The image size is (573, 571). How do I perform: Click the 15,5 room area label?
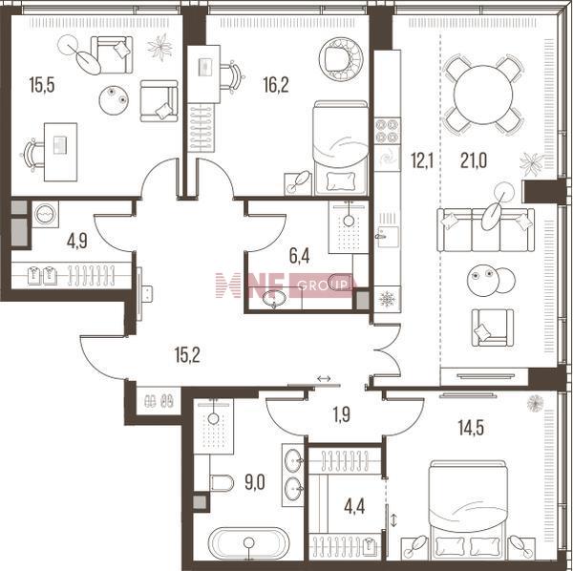click(x=42, y=85)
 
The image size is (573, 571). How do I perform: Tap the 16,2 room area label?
click(x=276, y=85)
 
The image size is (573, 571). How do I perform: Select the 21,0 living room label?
click(x=474, y=160)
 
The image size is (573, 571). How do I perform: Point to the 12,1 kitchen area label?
click(x=422, y=160)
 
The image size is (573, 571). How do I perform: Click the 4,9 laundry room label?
click(x=77, y=242)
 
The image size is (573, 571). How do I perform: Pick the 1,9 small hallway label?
click(x=342, y=414)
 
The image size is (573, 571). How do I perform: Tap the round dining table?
click(x=482, y=95)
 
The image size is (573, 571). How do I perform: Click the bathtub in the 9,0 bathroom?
click(x=248, y=543)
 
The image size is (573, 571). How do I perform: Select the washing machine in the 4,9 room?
click(x=45, y=214)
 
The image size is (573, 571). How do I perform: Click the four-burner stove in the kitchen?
click(x=388, y=131)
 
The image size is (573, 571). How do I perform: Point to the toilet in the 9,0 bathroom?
click(x=222, y=483)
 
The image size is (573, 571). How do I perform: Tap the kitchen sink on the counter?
click(x=388, y=237)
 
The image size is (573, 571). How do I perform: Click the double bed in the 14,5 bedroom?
click(x=469, y=510)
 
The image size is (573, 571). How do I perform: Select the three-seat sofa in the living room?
click(x=486, y=230)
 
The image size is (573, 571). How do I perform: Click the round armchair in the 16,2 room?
click(x=341, y=59)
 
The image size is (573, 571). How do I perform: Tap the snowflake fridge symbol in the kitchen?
click(x=388, y=299)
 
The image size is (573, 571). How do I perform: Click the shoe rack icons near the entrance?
click(x=159, y=402)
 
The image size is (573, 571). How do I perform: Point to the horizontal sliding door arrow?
click(x=324, y=378)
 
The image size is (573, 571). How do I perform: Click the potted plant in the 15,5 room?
click(x=159, y=47)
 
